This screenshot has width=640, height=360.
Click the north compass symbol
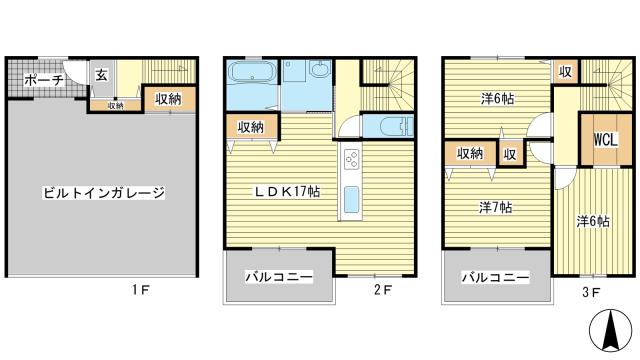coord(611,330)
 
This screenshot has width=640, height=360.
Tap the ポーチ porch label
coord(44,80)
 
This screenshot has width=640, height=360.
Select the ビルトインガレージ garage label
coord(104,192)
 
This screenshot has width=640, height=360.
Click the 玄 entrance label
coord(102,75)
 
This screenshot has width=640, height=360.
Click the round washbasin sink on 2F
coord(320,69)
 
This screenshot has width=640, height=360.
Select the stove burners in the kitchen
coord(351,159)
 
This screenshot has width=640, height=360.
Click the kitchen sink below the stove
coord(351,199)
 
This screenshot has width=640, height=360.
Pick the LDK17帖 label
coord(287,191)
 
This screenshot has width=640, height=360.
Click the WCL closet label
coord(606,140)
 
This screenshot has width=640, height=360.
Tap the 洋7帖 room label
coord(496,207)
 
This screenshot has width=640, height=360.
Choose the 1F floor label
coord(141,290)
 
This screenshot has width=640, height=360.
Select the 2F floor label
coord(383,289)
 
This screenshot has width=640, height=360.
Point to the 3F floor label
coord(591,292)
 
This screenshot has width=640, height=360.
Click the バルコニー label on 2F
coord(279,277)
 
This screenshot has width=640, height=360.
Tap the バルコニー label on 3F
coord(495,278)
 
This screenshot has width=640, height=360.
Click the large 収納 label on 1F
coord(168,99)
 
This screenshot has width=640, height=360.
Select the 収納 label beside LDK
coord(251,127)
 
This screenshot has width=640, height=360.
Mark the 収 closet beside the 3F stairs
coord(565,72)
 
